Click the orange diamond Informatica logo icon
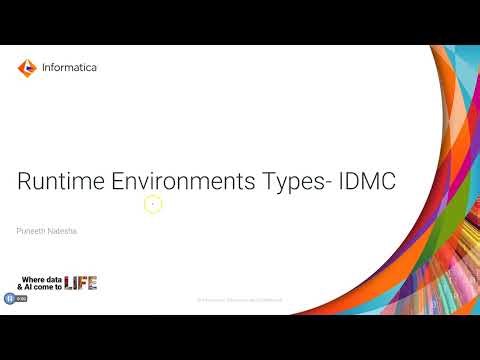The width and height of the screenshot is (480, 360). point(27,68)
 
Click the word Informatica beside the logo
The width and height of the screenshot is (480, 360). point(70,68)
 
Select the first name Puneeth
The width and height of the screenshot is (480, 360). point(31,231)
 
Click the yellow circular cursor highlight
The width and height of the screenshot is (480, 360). point(153,204)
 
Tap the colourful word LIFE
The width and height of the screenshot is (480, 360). point(81,283)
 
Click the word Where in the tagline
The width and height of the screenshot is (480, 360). point(34,277)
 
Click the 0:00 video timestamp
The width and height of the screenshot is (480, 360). point(20,297)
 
